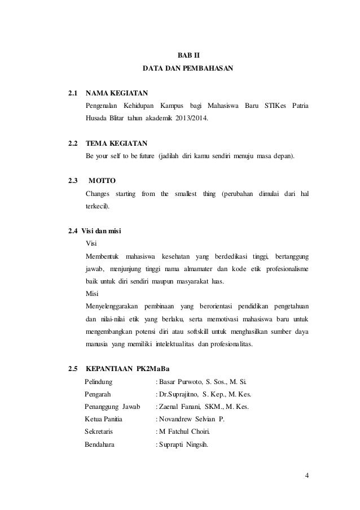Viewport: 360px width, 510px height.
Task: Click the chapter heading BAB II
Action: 185,55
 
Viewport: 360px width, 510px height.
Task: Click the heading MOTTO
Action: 102,181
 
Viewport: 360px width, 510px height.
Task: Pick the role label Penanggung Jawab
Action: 111,407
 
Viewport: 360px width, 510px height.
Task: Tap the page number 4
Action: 306,475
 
